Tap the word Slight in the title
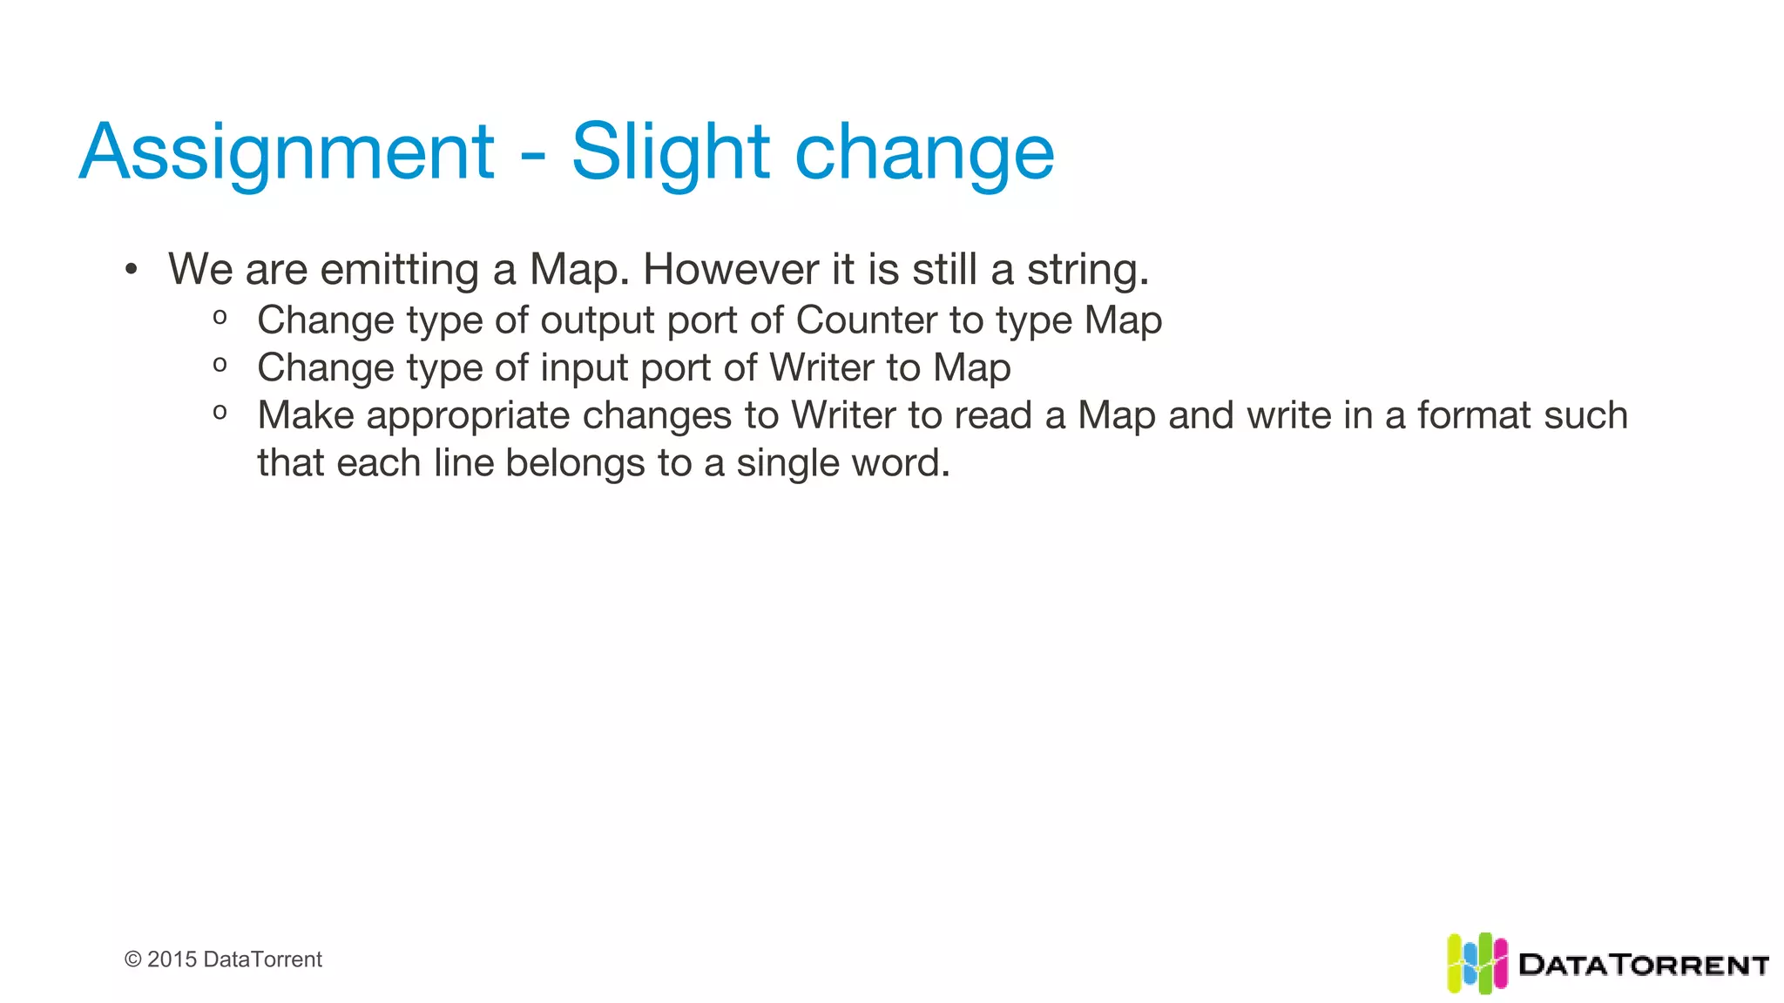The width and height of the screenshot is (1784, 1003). click(670, 153)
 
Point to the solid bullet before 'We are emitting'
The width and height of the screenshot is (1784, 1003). click(131, 269)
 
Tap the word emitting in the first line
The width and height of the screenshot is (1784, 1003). click(400, 269)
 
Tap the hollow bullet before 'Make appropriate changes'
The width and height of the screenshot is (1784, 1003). click(220, 412)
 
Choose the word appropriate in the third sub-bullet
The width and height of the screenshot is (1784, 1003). click(467, 416)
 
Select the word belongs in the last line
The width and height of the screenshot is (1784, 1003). click(575, 463)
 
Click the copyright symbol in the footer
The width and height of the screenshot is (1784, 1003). click(133, 959)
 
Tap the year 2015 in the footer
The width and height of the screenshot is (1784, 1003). click(172, 959)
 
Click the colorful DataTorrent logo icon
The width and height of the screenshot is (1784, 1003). click(1477, 963)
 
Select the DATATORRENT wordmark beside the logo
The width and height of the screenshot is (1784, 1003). click(1643, 965)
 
